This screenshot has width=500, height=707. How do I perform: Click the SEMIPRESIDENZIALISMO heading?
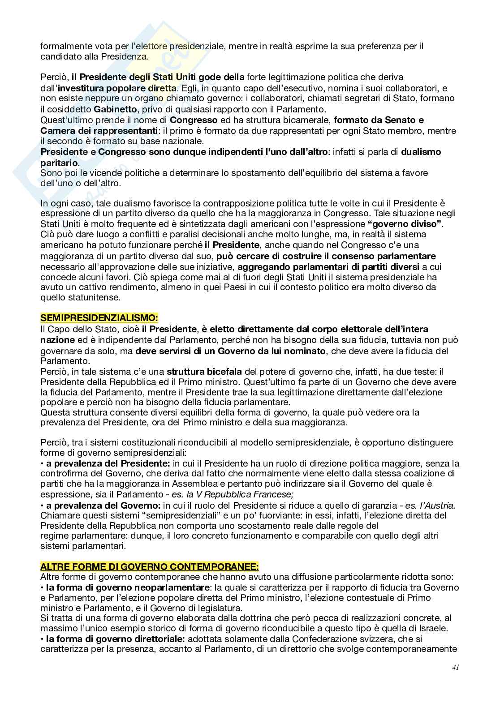tap(99, 318)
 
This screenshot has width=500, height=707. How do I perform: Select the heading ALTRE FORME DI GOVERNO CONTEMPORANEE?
tap(150, 566)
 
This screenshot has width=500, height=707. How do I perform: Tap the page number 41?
tap(456, 667)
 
